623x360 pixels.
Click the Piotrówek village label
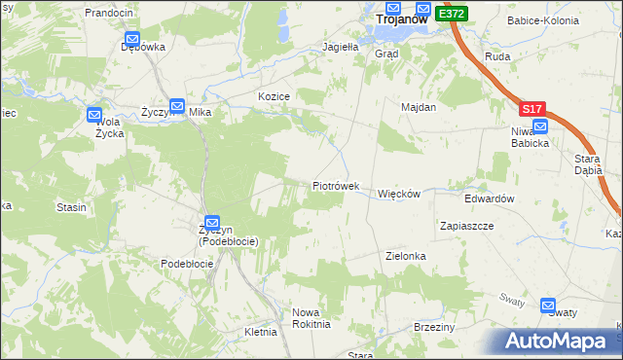point(336,186)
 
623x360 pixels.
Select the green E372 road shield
point(452,14)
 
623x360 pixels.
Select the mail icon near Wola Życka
point(93,115)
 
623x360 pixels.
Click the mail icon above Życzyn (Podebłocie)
point(211,222)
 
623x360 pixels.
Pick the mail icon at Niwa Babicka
point(540,126)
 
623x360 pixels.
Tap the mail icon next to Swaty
point(548,304)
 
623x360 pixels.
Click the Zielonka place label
point(406,256)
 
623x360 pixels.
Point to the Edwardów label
point(489,198)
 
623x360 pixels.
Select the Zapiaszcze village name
point(467,225)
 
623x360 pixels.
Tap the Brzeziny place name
point(434,327)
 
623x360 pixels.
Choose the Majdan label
point(417,107)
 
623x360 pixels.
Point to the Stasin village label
point(71,207)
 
